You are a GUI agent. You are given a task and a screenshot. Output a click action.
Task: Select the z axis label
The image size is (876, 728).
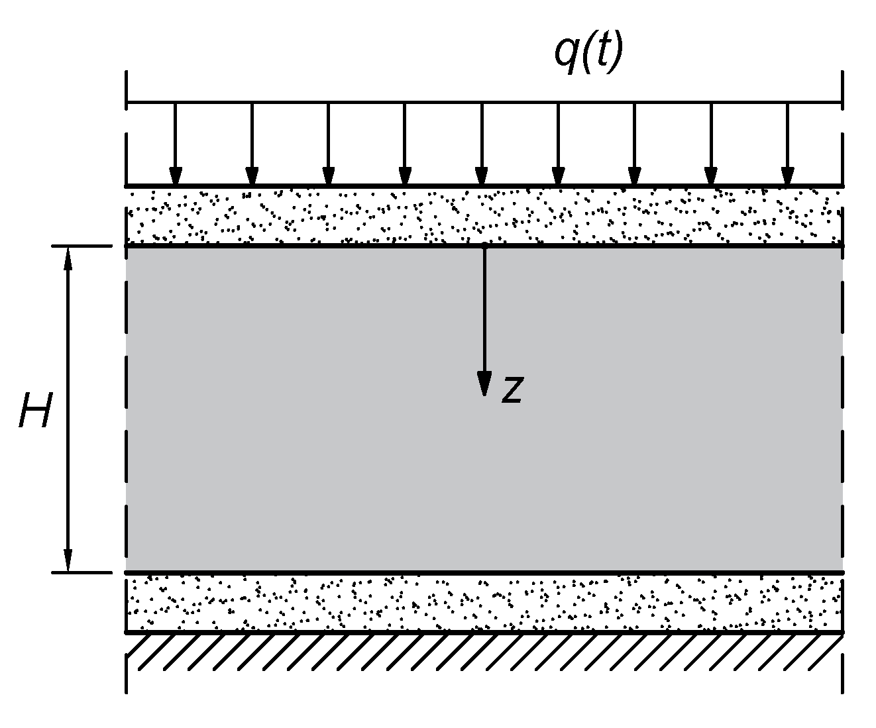coord(513,390)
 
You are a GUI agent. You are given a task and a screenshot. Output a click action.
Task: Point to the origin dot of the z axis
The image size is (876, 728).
coord(485,246)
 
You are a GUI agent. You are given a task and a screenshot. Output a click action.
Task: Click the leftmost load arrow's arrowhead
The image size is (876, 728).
coord(175,176)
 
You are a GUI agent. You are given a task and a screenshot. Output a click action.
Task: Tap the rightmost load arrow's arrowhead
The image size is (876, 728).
coord(787,176)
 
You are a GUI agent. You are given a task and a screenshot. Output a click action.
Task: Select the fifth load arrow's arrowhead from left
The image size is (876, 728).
coord(482,176)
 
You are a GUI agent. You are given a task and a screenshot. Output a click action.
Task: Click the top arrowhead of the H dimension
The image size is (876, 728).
coord(68,258)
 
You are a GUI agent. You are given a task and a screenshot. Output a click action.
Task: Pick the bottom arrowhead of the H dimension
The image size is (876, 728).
coord(68,560)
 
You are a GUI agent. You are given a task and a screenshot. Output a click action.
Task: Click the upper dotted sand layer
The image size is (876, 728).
coord(484,215)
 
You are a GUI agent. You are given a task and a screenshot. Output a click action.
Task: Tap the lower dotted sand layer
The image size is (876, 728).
coord(484,603)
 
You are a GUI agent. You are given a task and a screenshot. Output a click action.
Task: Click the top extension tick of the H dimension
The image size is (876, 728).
coord(82,246)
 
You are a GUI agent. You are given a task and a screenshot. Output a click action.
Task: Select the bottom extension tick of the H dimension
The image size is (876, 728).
coord(82,572)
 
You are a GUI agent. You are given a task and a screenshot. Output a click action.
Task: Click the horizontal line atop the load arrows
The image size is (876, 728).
coord(484,103)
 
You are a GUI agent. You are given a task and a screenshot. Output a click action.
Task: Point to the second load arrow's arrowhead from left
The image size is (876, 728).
coord(252,176)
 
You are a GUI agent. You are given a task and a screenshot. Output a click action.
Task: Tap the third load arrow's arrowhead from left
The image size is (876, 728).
coord(328,176)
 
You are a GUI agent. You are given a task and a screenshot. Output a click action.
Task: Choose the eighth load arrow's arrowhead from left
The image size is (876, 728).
coord(711,176)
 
